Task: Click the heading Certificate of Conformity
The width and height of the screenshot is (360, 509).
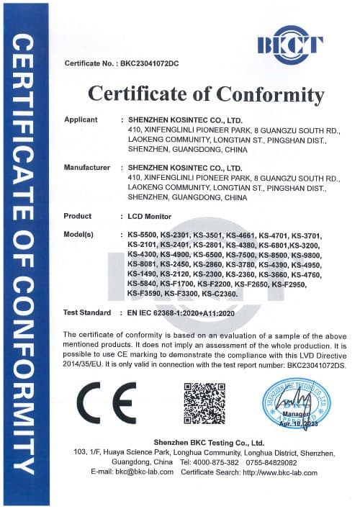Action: (x=206, y=94)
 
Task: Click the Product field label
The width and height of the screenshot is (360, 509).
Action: (x=78, y=216)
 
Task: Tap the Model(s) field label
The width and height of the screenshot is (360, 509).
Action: (x=79, y=235)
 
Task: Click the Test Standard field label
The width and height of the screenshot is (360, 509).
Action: (x=86, y=313)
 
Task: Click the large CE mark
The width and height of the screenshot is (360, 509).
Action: (x=106, y=402)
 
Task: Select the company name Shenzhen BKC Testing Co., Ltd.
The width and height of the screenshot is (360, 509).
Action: (x=209, y=442)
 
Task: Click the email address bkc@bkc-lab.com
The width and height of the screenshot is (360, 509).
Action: (x=143, y=472)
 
